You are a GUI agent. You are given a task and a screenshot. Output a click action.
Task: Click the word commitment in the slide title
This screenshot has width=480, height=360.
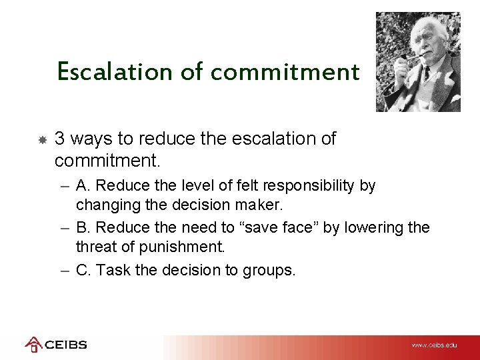click(285, 71)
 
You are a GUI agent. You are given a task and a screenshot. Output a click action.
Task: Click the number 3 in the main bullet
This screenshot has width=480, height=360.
click(59, 139)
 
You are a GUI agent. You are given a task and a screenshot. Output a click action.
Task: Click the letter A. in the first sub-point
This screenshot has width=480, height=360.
click(83, 185)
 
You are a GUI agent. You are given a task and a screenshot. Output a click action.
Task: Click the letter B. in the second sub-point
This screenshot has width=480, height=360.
click(83, 227)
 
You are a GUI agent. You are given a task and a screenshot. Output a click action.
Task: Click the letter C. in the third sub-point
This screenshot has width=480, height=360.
click(84, 270)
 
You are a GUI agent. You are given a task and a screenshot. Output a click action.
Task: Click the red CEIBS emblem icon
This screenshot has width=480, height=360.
click(33, 345)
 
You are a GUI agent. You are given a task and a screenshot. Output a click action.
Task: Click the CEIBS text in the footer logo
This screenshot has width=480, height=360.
click(65, 345)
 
